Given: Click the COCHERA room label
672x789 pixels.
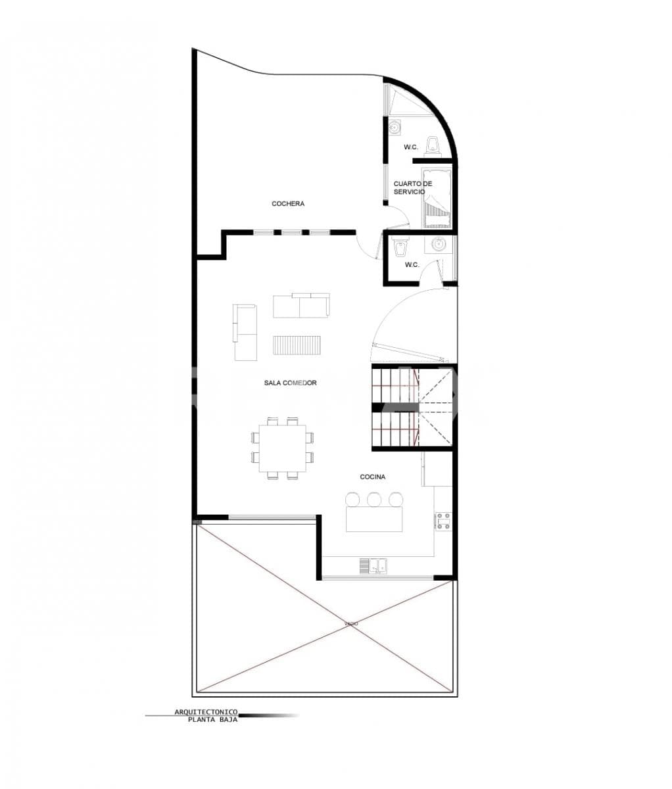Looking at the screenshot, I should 288,204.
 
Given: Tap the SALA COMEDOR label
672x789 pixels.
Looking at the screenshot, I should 291,383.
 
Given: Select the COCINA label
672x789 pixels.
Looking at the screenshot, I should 372,477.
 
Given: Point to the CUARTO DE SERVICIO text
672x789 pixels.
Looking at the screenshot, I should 413,187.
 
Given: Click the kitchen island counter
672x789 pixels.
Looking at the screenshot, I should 374,519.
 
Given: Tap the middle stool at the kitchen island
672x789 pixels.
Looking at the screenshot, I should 374,500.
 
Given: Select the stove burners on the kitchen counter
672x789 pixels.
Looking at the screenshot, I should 443,521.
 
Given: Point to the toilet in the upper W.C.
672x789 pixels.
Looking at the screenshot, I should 433,143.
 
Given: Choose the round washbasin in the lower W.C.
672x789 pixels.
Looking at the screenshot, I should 439,245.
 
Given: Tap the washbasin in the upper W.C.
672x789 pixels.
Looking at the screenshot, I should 395,127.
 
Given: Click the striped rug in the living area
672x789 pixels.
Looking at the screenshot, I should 297,345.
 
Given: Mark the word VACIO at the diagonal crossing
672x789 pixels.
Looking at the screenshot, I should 351,623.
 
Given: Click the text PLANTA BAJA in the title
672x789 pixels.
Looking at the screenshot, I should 212,719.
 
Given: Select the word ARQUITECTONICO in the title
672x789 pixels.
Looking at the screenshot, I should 206,712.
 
